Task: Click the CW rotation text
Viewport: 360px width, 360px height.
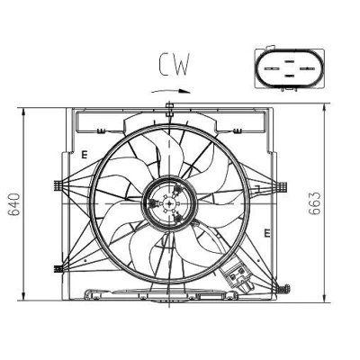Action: [x=175, y=64]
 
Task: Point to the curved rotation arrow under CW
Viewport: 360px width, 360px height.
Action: [x=171, y=91]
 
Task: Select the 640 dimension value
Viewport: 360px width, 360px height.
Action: [x=13, y=204]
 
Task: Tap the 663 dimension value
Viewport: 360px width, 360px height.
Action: [x=315, y=203]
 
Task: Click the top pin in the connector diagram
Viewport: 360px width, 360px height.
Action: [x=289, y=61]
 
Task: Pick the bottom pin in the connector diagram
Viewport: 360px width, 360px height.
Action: [x=289, y=76]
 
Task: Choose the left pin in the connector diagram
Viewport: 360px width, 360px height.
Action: [x=272, y=68]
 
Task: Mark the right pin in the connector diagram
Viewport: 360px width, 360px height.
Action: [x=307, y=68]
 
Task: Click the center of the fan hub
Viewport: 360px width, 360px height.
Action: [x=170, y=204]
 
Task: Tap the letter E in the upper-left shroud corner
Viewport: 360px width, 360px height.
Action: [x=85, y=155]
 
